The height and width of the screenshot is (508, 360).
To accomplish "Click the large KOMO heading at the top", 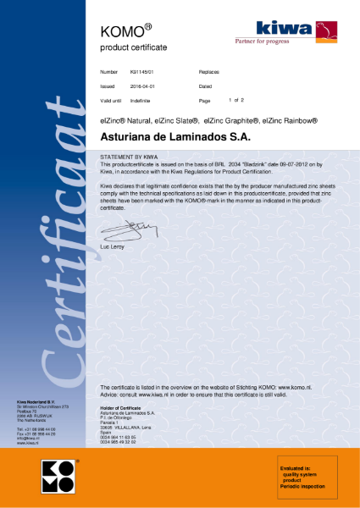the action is (x=121, y=30).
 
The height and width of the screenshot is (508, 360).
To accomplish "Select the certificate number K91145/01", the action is (x=141, y=73).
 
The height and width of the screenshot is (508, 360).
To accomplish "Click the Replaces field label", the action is (x=209, y=73).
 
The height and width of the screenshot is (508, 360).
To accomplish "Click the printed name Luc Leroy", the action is (x=113, y=246).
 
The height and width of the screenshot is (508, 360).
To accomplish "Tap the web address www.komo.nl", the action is (x=297, y=386).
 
